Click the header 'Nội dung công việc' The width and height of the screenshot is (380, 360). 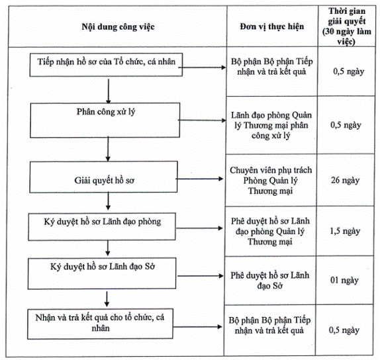point(118,26)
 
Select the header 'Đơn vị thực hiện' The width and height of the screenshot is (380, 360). point(272,26)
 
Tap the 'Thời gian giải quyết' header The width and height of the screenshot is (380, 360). point(346,26)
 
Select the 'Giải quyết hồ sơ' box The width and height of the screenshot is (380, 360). point(103,177)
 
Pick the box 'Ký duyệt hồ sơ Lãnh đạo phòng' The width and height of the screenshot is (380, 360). point(102,227)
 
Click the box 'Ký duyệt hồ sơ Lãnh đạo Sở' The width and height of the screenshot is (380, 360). point(102,273)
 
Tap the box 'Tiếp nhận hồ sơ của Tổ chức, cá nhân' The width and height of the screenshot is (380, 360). point(106,65)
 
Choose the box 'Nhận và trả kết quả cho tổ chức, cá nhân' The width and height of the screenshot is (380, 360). point(100,324)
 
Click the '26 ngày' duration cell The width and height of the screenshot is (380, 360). point(345,180)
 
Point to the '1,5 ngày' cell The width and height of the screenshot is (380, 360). point(345,231)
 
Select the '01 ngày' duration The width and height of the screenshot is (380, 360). point(344,281)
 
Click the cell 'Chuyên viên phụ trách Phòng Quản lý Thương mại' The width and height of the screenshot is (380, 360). point(271,181)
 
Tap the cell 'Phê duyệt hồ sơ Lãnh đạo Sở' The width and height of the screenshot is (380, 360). point(269,281)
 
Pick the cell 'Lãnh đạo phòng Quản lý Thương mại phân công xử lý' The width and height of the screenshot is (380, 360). point(271,125)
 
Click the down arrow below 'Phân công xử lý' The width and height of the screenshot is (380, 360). point(108,149)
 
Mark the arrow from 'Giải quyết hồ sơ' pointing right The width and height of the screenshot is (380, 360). point(199,179)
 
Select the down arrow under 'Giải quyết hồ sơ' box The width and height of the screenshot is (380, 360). point(108,201)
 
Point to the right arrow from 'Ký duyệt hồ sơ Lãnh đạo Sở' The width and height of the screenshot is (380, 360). point(201,276)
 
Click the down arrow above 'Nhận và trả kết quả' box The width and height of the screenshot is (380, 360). point(107,299)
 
